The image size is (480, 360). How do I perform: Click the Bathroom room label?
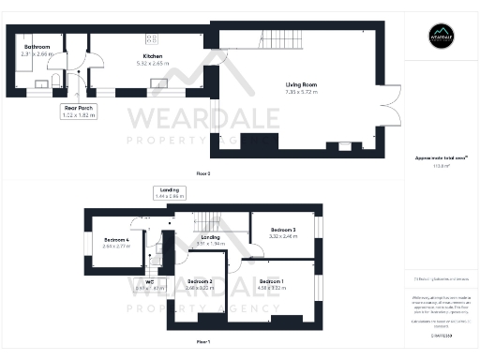tap(37, 47)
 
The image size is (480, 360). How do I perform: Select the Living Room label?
tap(302, 85)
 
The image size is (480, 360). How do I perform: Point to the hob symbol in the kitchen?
tap(151, 38)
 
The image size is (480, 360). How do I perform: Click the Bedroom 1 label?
tap(272, 282)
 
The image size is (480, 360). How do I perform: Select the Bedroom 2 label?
tap(199, 282)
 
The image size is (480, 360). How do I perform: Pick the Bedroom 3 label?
tap(282, 230)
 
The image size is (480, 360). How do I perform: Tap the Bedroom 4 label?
tap(116, 239)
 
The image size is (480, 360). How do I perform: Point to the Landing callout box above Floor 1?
tap(170, 193)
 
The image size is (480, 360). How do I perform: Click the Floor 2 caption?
tap(203, 174)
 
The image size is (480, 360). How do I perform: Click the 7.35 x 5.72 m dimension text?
tap(302, 92)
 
